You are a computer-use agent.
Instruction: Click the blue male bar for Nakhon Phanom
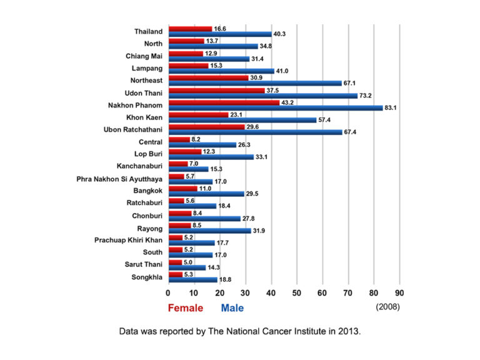[275, 107]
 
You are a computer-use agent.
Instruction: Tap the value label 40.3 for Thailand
[280, 34]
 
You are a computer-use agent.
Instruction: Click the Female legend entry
[185, 307]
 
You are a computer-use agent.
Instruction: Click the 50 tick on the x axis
[296, 292]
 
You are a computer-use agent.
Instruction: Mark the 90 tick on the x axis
[399, 292]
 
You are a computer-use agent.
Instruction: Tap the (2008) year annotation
[387, 307]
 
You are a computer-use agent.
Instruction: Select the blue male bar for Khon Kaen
[242, 119]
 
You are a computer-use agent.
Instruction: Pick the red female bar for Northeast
[208, 78]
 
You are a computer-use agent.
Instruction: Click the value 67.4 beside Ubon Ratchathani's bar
[351, 132]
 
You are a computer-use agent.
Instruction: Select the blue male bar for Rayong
[209, 231]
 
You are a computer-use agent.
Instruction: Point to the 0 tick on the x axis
[168, 292]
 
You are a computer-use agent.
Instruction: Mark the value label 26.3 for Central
[244, 144]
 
